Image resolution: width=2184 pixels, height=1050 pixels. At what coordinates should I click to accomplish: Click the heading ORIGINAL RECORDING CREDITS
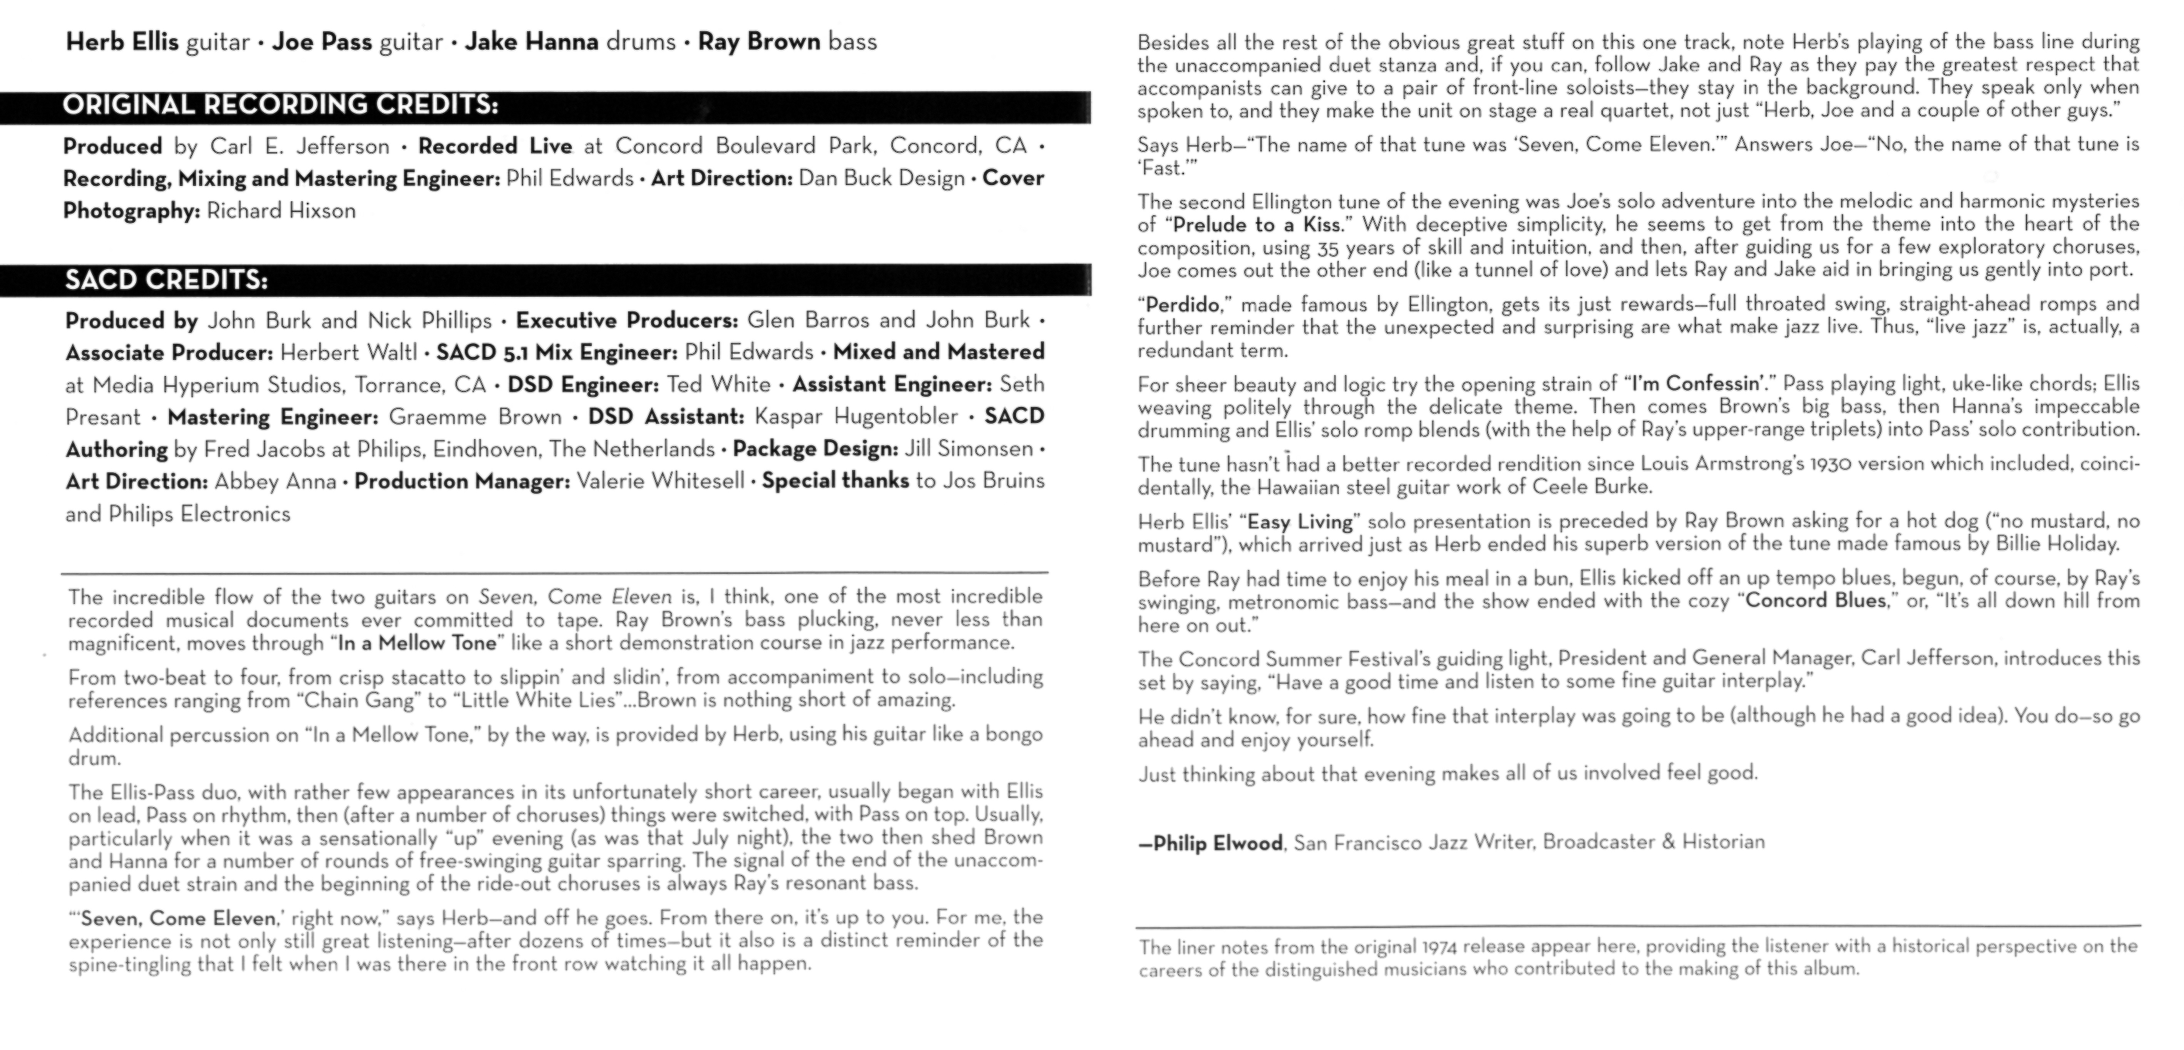tap(281, 105)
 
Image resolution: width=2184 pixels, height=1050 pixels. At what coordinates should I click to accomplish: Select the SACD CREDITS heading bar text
tap(166, 281)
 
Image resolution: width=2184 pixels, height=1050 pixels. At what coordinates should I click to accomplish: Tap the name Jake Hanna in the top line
tap(532, 42)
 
